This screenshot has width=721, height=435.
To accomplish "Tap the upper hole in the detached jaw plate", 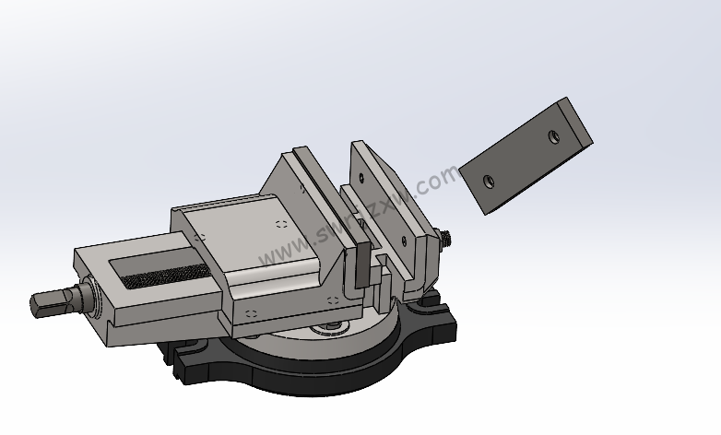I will (x=553, y=136).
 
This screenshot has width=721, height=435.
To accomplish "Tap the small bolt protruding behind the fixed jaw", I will (x=445, y=238).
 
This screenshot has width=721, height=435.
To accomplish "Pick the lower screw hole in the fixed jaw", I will (x=402, y=243).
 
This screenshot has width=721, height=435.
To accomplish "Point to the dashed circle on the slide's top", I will (x=280, y=224).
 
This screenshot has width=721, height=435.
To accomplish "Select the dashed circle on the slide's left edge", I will (x=197, y=238).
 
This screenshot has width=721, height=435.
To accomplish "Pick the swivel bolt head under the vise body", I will (x=332, y=326).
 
